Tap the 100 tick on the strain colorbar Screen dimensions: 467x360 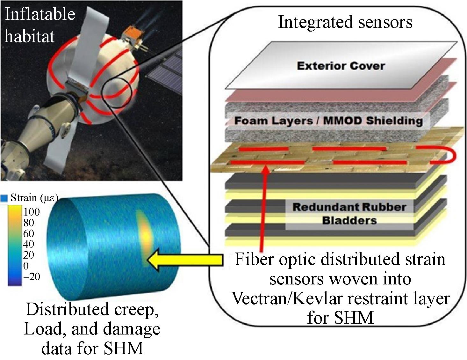pyautogui.click(x=31, y=212)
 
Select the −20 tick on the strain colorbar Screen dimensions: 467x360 pyautogui.click(x=31, y=276)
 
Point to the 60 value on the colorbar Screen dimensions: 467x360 pyautogui.click(x=29, y=233)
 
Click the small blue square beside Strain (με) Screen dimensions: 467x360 pyautogui.click(x=4, y=198)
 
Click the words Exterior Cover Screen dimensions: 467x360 pyautogui.click(x=341, y=66)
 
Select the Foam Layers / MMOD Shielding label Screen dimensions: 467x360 pyautogui.click(x=328, y=121)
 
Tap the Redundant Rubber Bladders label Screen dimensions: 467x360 pyautogui.click(x=349, y=214)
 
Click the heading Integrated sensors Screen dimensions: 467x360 pyautogui.click(x=345, y=22)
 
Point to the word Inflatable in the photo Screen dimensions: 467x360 pyautogui.click(x=40, y=14)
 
